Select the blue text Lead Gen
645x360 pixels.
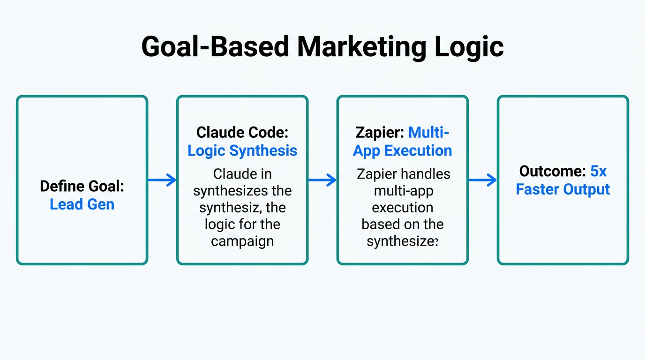tap(82, 204)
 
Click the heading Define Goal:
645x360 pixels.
tap(82, 186)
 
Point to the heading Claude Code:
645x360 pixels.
tap(242, 132)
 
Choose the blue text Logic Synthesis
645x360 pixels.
tap(242, 150)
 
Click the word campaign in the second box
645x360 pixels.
tap(242, 241)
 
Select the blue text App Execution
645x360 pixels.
tap(402, 150)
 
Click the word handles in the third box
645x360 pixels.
tap(427, 174)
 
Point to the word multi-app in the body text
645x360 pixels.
tap(402, 191)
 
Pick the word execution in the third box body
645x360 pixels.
tap(402, 208)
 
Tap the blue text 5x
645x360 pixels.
tap(598, 171)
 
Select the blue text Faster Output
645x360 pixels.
tap(563, 189)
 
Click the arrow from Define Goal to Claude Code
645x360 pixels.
tap(162, 180)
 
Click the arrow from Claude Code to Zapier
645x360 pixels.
tap(322, 180)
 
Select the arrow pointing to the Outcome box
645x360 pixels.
tap(483, 180)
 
